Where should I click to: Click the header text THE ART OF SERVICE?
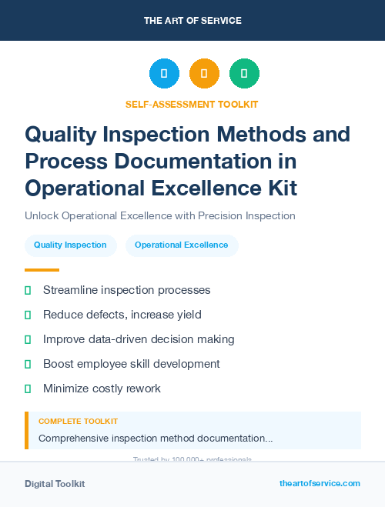[192, 21]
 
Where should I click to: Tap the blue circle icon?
[164, 74]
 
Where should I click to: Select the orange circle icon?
[204, 74]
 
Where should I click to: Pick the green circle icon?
[244, 74]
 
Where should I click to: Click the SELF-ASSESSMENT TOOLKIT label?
[192, 104]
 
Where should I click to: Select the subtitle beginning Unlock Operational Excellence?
[160, 215]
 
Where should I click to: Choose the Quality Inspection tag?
[70, 245]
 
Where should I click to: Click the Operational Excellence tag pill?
[182, 245]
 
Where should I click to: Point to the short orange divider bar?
[42, 270]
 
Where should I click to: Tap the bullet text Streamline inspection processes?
[126, 290]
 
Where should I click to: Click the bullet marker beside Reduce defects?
[28, 315]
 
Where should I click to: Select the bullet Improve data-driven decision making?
[139, 339]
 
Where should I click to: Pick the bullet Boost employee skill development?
[131, 364]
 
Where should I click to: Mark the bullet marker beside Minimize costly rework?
[28, 389]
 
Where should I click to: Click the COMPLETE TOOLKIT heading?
[78, 422]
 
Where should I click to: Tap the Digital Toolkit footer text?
[55, 484]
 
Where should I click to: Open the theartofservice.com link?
[320, 483]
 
